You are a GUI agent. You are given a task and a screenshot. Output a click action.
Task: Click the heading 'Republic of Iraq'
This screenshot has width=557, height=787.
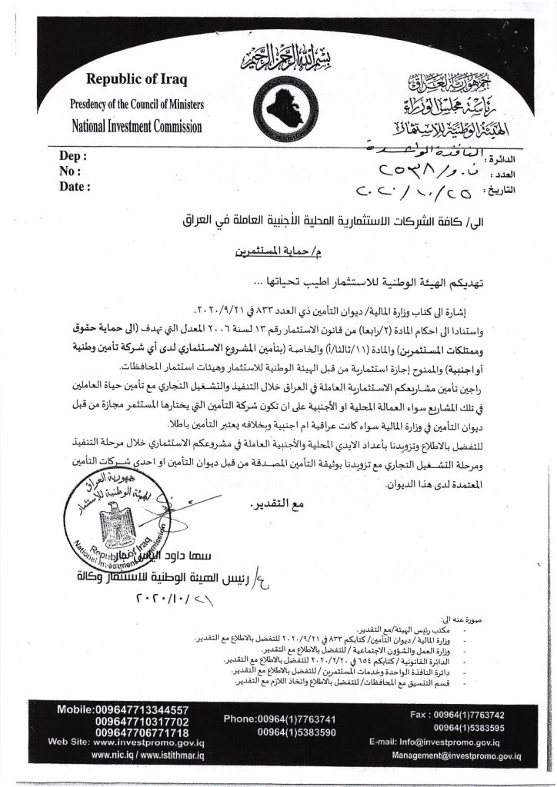(x=131, y=80)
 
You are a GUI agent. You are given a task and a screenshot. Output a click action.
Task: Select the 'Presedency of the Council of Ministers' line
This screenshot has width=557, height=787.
(x=136, y=103)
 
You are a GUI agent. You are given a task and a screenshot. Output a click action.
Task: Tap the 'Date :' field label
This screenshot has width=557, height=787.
(x=75, y=186)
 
